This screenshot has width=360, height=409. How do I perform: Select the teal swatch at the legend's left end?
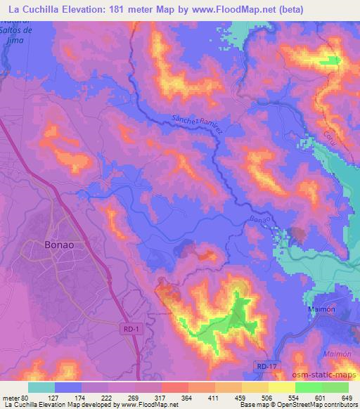(x=41, y=387)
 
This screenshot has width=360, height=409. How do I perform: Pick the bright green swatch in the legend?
(x=308, y=387)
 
